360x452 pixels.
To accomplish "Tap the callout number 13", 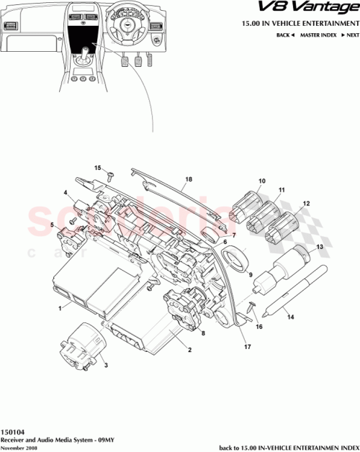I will point(320,246).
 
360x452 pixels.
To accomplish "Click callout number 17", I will point(248,345).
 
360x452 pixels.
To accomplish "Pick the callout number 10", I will point(262,181).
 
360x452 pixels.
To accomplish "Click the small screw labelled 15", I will point(109,174).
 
